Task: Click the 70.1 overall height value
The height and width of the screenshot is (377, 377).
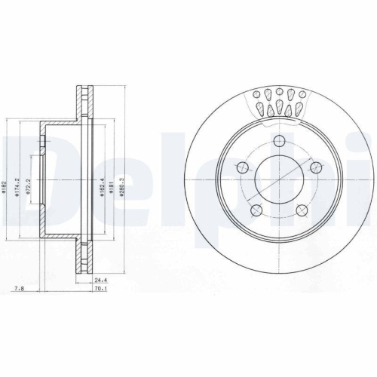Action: point(97,288)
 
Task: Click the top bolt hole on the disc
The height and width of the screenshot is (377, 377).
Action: point(279,140)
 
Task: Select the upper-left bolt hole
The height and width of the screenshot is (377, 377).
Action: point(242,167)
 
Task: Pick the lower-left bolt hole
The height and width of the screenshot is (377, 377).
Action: point(256,210)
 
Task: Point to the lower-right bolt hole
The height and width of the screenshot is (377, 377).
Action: point(302,210)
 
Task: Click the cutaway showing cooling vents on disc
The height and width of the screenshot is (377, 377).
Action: point(279,102)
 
